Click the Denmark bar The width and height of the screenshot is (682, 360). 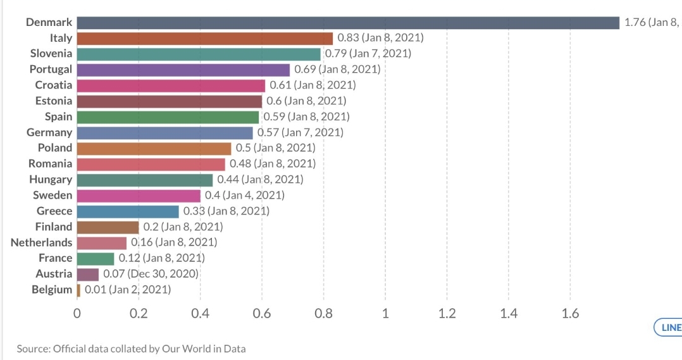348,23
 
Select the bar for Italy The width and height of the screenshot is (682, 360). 205,38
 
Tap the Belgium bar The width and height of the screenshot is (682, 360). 78,290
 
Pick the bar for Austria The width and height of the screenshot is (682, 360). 88,274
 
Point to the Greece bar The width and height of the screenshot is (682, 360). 128,211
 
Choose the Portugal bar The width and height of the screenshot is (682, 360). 183,70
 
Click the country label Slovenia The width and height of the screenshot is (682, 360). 51,54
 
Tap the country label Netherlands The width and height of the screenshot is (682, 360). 42,242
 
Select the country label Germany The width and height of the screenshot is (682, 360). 49,132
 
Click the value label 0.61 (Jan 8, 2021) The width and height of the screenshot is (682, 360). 313,85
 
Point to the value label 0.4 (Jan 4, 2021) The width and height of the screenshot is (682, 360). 244,196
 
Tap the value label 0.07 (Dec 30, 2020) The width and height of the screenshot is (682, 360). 151,274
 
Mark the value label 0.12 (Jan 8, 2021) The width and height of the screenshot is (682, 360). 161,258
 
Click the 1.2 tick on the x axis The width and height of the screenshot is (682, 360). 447,314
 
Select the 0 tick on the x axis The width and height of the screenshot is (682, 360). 77,314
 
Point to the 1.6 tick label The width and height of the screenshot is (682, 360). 570,314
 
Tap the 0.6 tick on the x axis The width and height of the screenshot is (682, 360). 261,314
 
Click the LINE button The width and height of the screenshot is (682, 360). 669,327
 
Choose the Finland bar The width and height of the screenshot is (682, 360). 108,227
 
